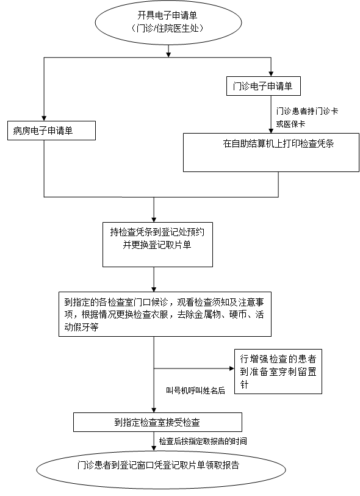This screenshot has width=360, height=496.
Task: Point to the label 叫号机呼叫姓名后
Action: (x=195, y=390)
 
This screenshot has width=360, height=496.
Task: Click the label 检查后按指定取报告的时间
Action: (x=203, y=441)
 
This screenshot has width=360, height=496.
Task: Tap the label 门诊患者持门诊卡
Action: (x=307, y=111)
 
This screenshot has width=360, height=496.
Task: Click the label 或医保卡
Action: (x=290, y=124)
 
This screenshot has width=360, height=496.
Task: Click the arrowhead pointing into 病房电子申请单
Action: (x=44, y=118)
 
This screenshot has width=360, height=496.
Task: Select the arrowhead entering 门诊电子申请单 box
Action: (x=271, y=74)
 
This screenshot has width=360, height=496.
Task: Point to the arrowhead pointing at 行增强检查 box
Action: (x=232, y=368)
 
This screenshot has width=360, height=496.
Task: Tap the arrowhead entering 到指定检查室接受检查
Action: (x=154, y=410)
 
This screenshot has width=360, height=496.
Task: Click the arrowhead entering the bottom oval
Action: (x=154, y=448)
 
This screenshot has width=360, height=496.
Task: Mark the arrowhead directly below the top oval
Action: (x=168, y=55)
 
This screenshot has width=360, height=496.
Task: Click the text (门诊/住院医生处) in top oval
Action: (x=168, y=28)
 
